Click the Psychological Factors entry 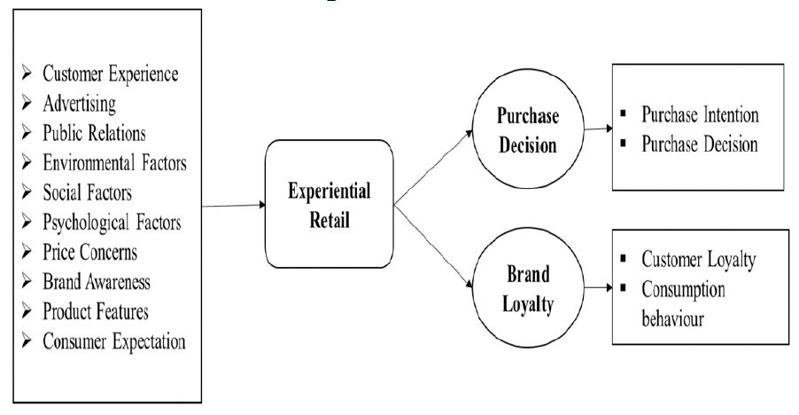112,223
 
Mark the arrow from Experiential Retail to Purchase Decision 431,169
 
